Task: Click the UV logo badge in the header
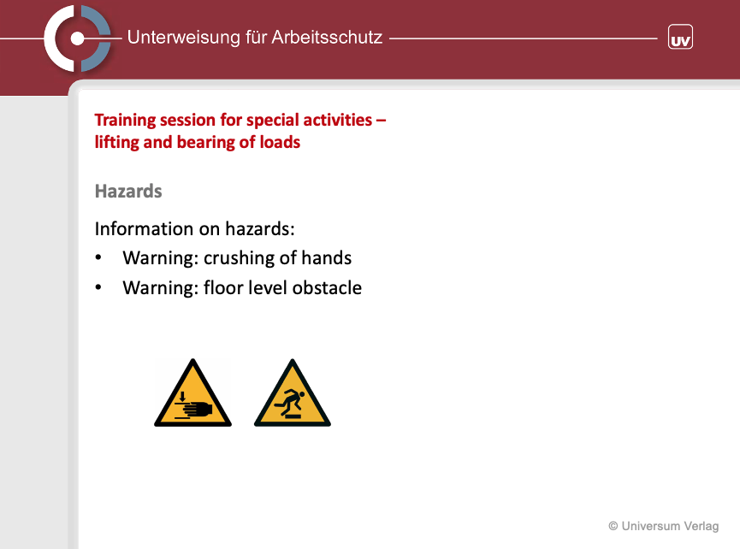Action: click(x=680, y=38)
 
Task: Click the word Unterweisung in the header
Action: click(x=184, y=38)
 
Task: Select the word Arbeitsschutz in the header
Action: click(x=327, y=38)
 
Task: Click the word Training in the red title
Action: click(x=125, y=121)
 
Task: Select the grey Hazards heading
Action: click(x=128, y=192)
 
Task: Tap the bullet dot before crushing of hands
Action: click(x=98, y=257)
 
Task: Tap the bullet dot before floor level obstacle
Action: click(x=98, y=287)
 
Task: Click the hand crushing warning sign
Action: click(x=193, y=393)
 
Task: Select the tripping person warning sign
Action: click(x=293, y=393)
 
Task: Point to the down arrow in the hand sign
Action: click(x=182, y=396)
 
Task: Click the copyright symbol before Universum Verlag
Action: click(x=613, y=526)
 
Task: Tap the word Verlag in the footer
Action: click(x=702, y=527)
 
